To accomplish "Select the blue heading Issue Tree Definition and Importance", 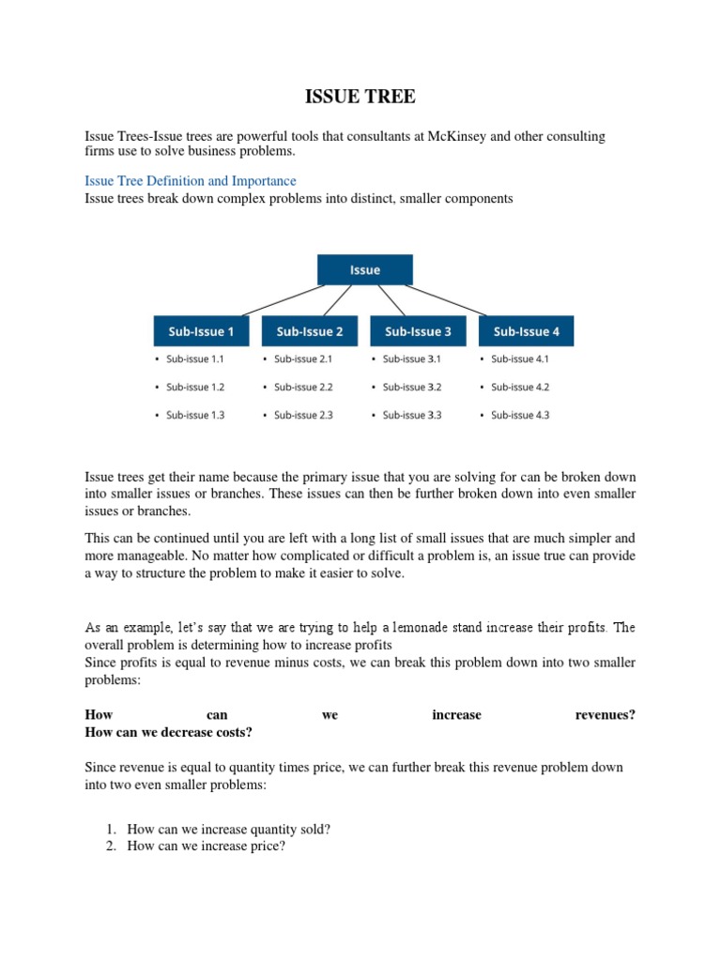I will (191, 180).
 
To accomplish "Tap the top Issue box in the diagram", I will (364, 269).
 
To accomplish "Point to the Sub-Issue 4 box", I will (526, 331).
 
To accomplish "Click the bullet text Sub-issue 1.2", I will (195, 387).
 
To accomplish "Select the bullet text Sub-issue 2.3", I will (303, 415).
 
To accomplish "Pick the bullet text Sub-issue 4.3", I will (520, 415).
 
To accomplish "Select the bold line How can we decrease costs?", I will (169, 732).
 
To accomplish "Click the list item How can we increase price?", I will (206, 847).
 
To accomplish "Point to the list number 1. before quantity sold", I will (110, 830).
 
